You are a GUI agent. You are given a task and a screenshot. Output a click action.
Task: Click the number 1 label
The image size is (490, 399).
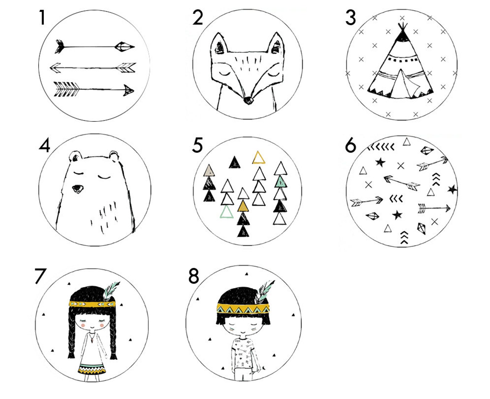click(42, 17)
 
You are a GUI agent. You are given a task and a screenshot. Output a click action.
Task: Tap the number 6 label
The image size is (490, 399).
click(350, 146)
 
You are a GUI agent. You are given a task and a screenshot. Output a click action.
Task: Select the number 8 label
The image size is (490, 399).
click(193, 276)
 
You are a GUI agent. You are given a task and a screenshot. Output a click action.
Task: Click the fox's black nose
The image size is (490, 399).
click(248, 100)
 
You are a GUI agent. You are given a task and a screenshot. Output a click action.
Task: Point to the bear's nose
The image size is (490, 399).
click(77, 189)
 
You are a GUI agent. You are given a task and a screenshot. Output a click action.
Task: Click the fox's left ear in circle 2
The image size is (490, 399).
click(219, 44)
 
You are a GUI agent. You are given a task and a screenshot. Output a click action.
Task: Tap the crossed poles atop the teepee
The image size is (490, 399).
click(402, 27)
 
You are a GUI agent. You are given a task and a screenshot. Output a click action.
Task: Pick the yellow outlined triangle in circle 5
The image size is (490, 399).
click(259, 158)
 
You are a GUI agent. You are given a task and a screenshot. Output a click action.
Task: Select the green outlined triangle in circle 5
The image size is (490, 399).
click(226, 212)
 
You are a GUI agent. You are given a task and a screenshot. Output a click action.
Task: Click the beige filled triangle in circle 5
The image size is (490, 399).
click(209, 171)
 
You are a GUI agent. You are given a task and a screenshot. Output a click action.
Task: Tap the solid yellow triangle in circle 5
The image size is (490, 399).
click(243, 206)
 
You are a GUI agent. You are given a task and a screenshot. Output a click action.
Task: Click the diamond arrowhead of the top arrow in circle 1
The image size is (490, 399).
click(124, 47)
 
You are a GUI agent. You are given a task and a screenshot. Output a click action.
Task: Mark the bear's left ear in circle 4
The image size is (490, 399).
click(75, 156)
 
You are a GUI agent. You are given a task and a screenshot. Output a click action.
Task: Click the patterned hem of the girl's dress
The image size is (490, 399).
click(92, 369)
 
